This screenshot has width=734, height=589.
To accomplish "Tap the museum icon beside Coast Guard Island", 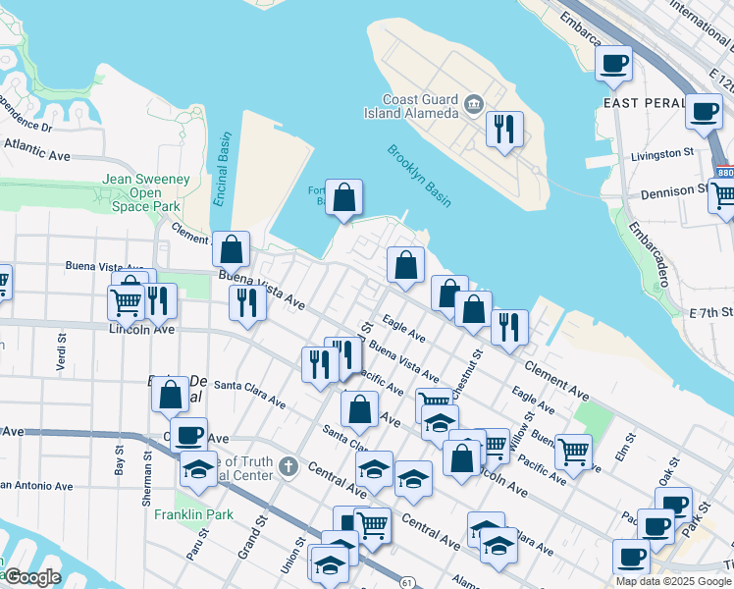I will pyautogui.click(x=473, y=103).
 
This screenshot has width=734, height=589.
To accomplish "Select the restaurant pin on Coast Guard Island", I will pyautogui.click(x=504, y=129).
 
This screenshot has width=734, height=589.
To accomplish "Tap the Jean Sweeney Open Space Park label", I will pyautogui.click(x=144, y=192).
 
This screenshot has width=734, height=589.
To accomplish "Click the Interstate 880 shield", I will pyautogui.click(x=724, y=173).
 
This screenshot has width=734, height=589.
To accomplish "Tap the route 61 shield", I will pyautogui.click(x=406, y=582).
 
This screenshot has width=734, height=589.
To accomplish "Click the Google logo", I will pyautogui.click(x=32, y=577).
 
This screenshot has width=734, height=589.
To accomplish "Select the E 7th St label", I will pyautogui.click(x=710, y=312).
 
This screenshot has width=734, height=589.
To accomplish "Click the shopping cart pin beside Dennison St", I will pyautogui.click(x=724, y=196).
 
